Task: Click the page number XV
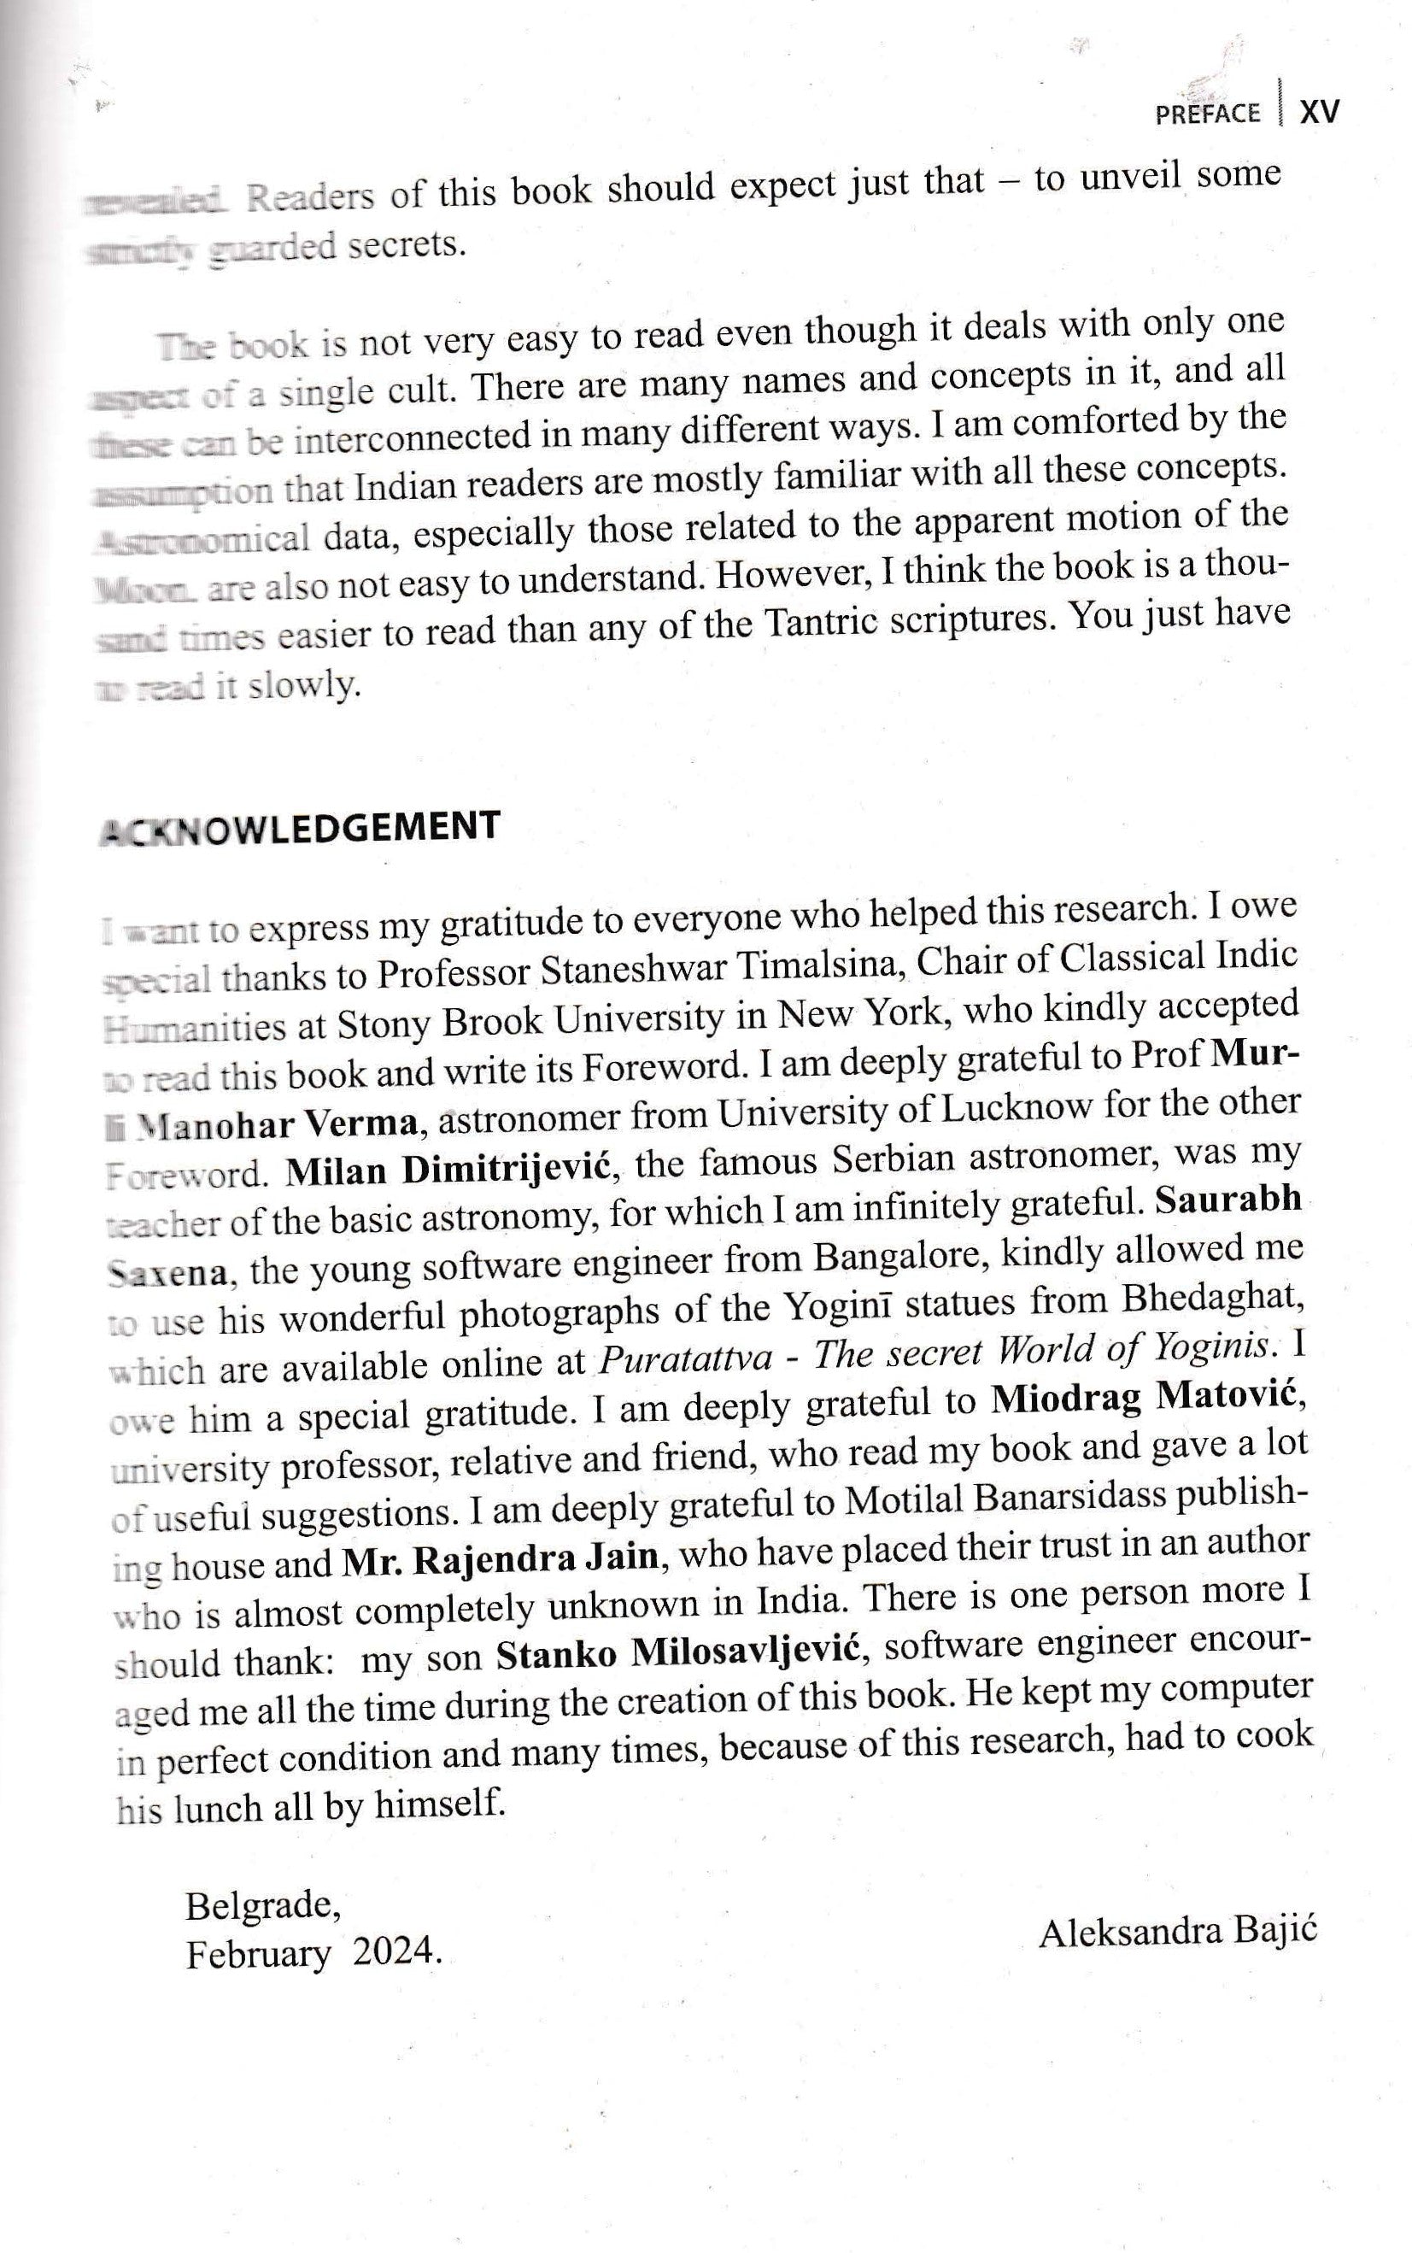click(1320, 112)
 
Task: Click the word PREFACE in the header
click(1208, 114)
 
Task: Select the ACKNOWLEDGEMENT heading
click(299, 828)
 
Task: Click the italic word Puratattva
click(684, 1358)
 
